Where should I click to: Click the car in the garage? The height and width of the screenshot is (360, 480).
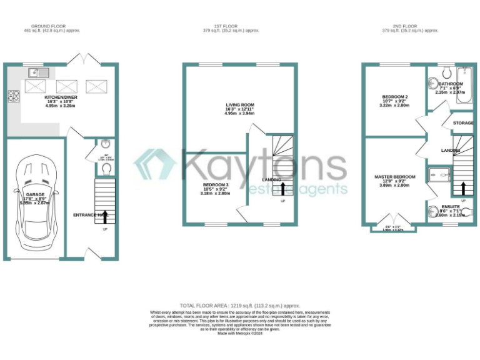35,199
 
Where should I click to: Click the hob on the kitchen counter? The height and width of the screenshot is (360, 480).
12,96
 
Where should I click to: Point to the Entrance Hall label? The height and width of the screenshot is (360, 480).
88,216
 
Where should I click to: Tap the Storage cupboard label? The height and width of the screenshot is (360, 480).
463,123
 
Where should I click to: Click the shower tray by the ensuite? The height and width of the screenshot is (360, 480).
439,174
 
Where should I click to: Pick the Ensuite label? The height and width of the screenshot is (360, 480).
451,207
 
